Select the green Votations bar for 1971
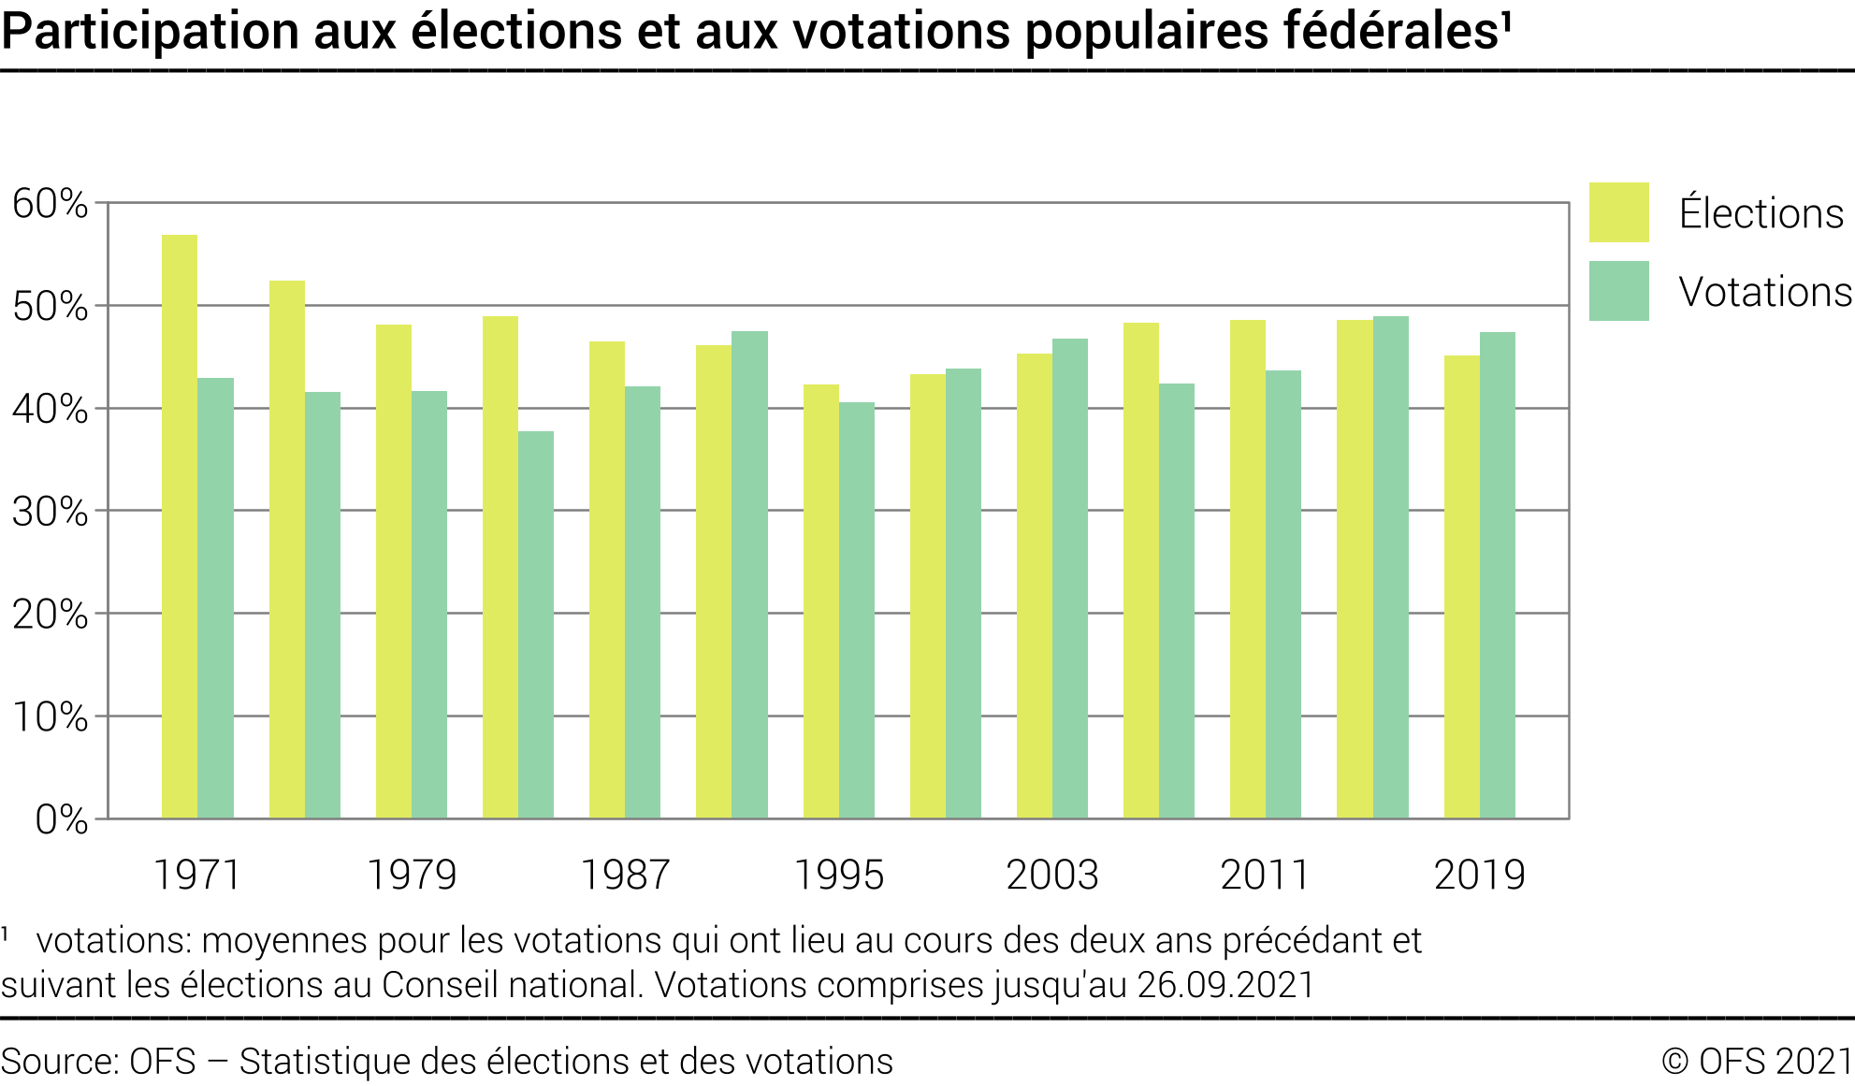[216, 599]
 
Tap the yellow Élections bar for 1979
[394, 572]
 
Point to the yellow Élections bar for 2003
[1035, 586]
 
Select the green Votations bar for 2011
[1283, 595]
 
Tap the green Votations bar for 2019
[1498, 575]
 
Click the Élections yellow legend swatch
[1618, 212]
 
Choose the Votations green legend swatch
[1618, 291]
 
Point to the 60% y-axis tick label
[51, 204]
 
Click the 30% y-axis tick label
[51, 512]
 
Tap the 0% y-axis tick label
[62, 820]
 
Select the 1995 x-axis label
[839, 876]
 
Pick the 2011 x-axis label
[1265, 876]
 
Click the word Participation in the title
[151, 32]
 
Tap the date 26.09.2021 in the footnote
[1225, 985]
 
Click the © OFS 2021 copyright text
[1757, 1062]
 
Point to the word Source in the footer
[58, 1062]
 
